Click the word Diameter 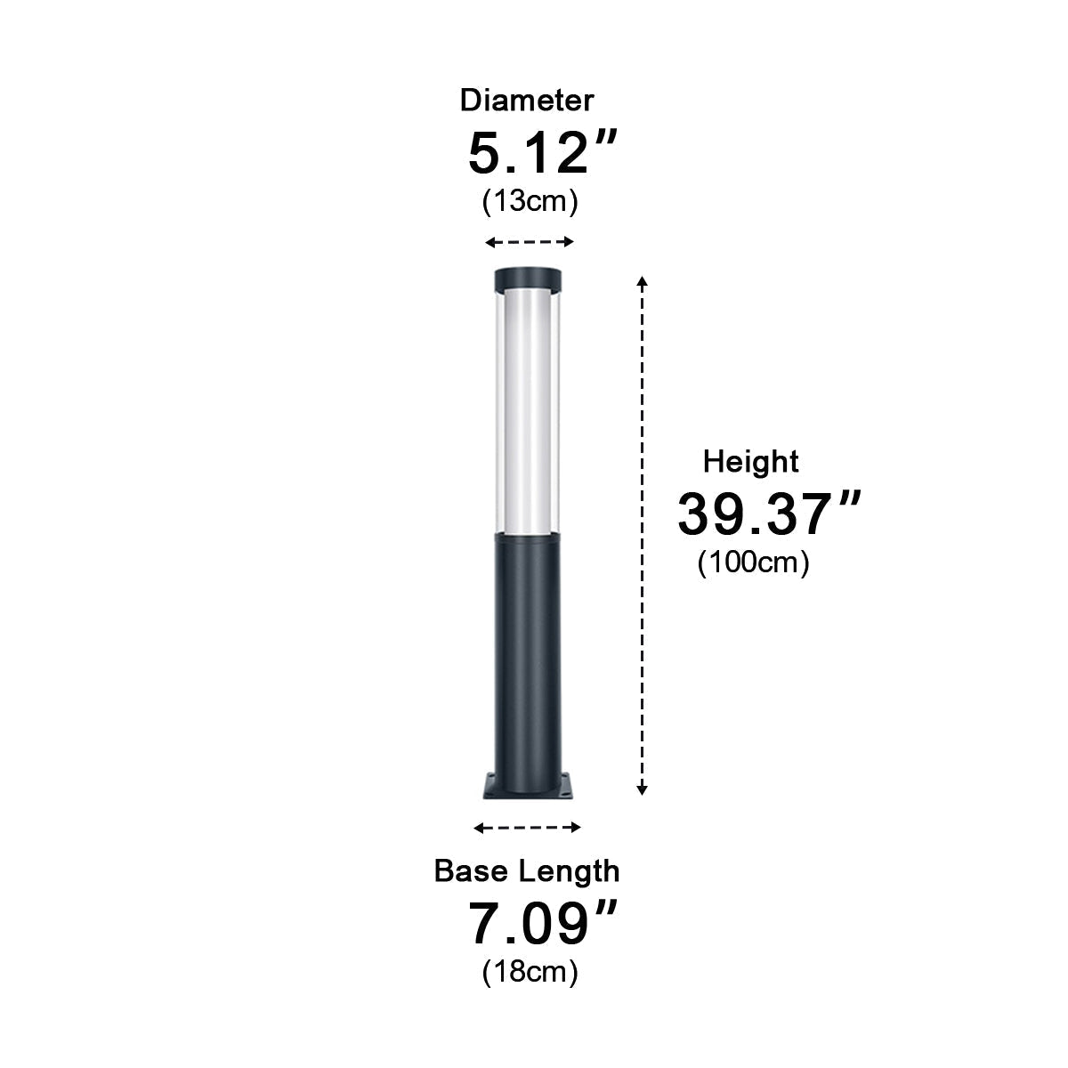click(526, 100)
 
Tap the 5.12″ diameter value click(530, 153)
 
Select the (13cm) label click(530, 201)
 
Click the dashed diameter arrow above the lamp click(530, 242)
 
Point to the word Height click(750, 461)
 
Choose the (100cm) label click(753, 562)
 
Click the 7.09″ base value click(541, 924)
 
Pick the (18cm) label click(530, 971)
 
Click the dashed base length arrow click(527, 828)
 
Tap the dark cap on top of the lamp click(529, 279)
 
